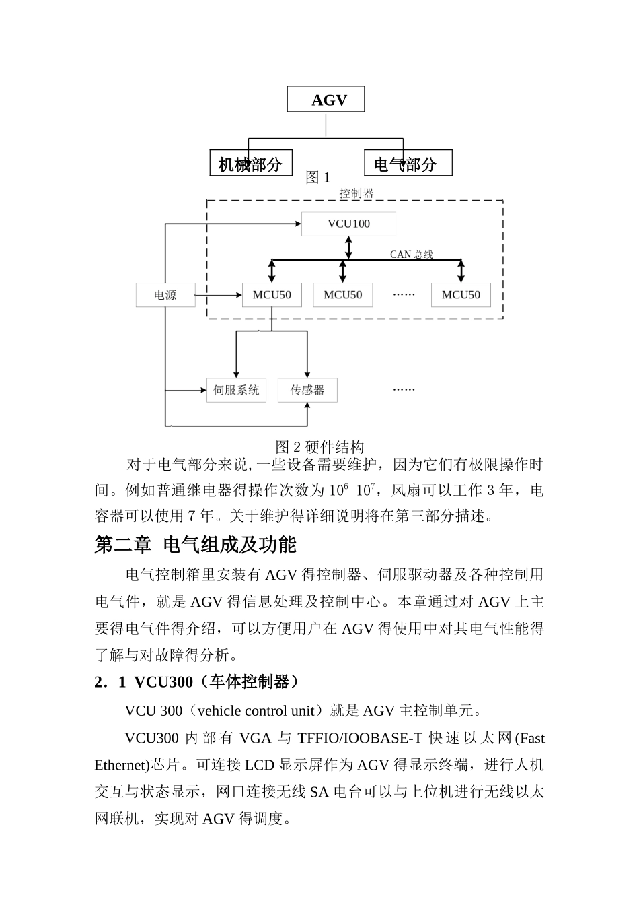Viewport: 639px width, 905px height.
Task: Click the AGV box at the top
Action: pyautogui.click(x=326, y=100)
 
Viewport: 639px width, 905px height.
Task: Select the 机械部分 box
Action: pyautogui.click(x=251, y=163)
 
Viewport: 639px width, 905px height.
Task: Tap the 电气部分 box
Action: pyautogui.click(x=408, y=163)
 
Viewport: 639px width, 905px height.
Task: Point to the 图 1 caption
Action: pyautogui.click(x=317, y=178)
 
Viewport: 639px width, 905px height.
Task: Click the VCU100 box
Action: pyautogui.click(x=348, y=224)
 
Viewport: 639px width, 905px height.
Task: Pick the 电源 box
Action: pyautogui.click(x=165, y=295)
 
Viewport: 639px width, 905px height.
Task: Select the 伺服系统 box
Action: pyautogui.click(x=236, y=390)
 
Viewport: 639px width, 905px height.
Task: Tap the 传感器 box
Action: pyautogui.click(x=307, y=390)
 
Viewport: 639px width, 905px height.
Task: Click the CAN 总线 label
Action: pyautogui.click(x=412, y=255)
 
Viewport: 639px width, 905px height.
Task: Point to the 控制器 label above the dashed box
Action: pyautogui.click(x=356, y=193)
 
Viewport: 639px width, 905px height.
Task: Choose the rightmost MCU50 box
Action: pyautogui.click(x=461, y=295)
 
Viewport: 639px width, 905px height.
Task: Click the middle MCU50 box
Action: pyautogui.click(x=342, y=295)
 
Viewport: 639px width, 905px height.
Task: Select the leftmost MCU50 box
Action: pyautogui.click(x=272, y=295)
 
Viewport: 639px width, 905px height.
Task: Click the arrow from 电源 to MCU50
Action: pyautogui.click(x=219, y=295)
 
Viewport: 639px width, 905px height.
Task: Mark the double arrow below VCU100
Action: pyautogui.click(x=348, y=247)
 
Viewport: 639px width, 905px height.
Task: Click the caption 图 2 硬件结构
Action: pyautogui.click(x=319, y=447)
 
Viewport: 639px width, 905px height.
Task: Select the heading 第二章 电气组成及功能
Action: pyautogui.click(x=195, y=545)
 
